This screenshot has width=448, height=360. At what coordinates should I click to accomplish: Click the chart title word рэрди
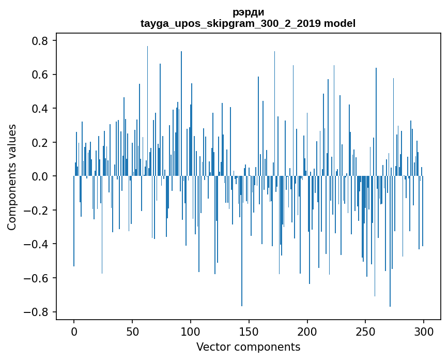pos(248,12)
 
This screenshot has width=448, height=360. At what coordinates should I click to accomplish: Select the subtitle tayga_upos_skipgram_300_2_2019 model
pos(248,23)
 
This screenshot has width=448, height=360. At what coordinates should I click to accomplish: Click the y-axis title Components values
pos(11,177)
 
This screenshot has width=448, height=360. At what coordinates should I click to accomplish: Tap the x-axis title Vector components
pos(248,347)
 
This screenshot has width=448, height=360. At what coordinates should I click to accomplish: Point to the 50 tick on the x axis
pos(132,331)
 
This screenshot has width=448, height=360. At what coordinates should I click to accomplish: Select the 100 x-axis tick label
pos(191,331)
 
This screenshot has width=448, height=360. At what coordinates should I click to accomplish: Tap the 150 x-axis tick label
pos(249,331)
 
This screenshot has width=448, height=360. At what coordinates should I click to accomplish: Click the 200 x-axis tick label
pos(307,331)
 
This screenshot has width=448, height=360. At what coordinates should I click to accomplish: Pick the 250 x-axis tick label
pos(366,331)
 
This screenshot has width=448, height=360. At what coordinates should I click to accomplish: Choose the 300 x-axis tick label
pos(424,331)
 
